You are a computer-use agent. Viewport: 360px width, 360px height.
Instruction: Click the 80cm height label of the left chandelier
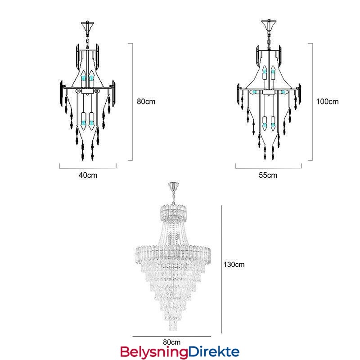(146, 102)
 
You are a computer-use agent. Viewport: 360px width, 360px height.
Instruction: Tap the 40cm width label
(88, 175)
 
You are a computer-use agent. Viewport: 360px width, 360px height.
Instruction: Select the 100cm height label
(328, 102)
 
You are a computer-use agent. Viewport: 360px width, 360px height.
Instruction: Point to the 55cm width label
(268, 175)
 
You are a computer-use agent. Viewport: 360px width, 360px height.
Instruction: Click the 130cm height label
(234, 265)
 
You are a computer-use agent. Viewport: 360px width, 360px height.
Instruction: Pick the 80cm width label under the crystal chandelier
(172, 342)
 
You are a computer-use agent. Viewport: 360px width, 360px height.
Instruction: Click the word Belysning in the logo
(154, 352)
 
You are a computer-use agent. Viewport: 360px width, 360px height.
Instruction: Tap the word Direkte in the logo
(214, 351)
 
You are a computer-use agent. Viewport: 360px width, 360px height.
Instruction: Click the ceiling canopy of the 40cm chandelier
(87, 26)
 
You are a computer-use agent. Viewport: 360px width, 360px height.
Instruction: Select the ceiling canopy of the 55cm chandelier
(269, 25)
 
